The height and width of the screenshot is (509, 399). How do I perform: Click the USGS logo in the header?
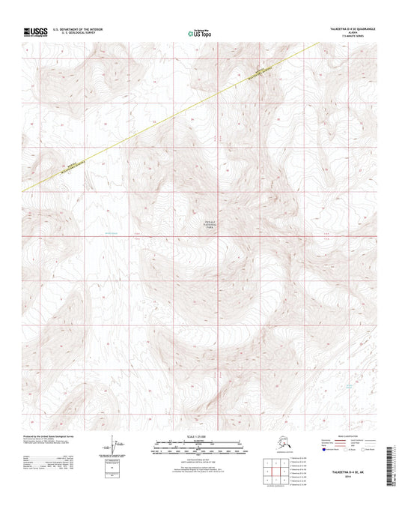(35, 31)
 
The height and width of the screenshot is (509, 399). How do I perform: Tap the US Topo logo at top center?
(199, 32)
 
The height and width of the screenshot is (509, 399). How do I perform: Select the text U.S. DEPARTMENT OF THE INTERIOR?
(78, 28)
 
